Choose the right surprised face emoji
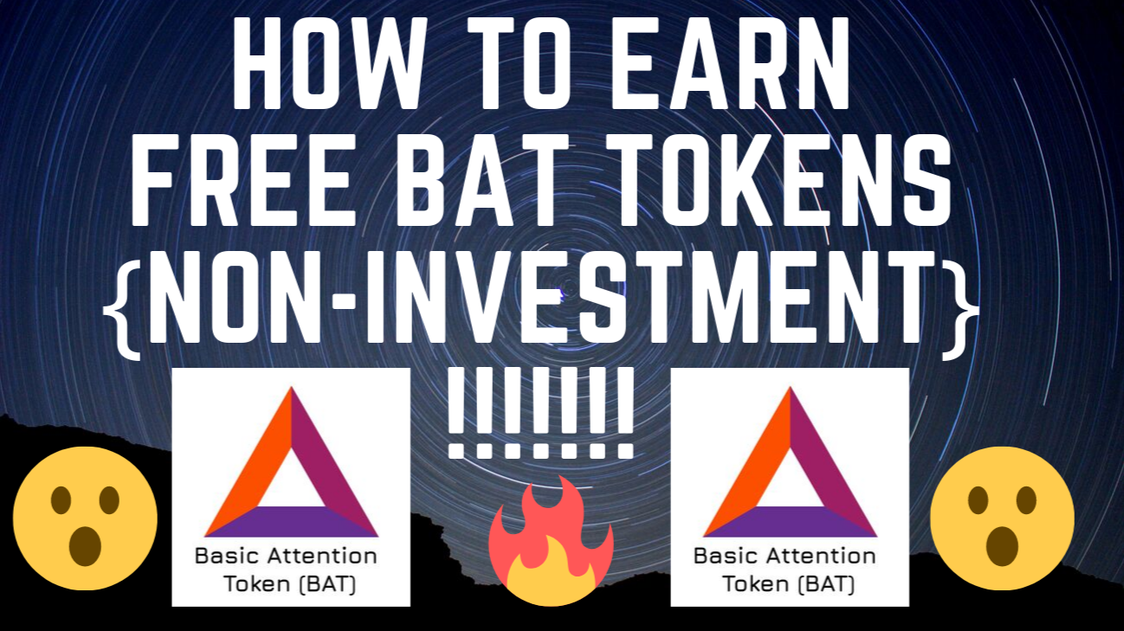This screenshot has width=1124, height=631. coord(1002,518)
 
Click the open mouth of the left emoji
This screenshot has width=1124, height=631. coord(85,544)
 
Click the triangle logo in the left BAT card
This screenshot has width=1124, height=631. coord(291,467)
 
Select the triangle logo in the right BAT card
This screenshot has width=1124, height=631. coord(790,467)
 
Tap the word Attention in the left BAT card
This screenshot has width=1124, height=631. coord(320,556)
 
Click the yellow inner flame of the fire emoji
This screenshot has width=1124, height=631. coord(551,576)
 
